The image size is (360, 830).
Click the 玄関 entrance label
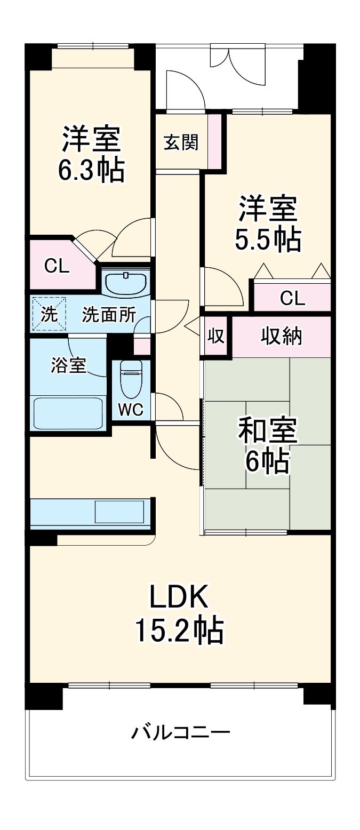click(x=181, y=142)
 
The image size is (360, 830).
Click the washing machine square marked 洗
click(x=49, y=315)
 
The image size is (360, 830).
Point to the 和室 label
click(x=267, y=430)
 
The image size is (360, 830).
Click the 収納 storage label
click(x=282, y=336)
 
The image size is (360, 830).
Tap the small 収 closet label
click(x=215, y=337)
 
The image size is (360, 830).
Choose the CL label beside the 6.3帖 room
click(x=57, y=266)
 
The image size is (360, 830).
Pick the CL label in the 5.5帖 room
click(x=292, y=298)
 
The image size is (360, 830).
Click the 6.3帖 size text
click(x=91, y=170)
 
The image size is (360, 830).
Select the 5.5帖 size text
click(x=267, y=240)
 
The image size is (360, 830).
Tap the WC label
click(x=131, y=410)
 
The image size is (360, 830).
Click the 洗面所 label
click(x=108, y=315)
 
